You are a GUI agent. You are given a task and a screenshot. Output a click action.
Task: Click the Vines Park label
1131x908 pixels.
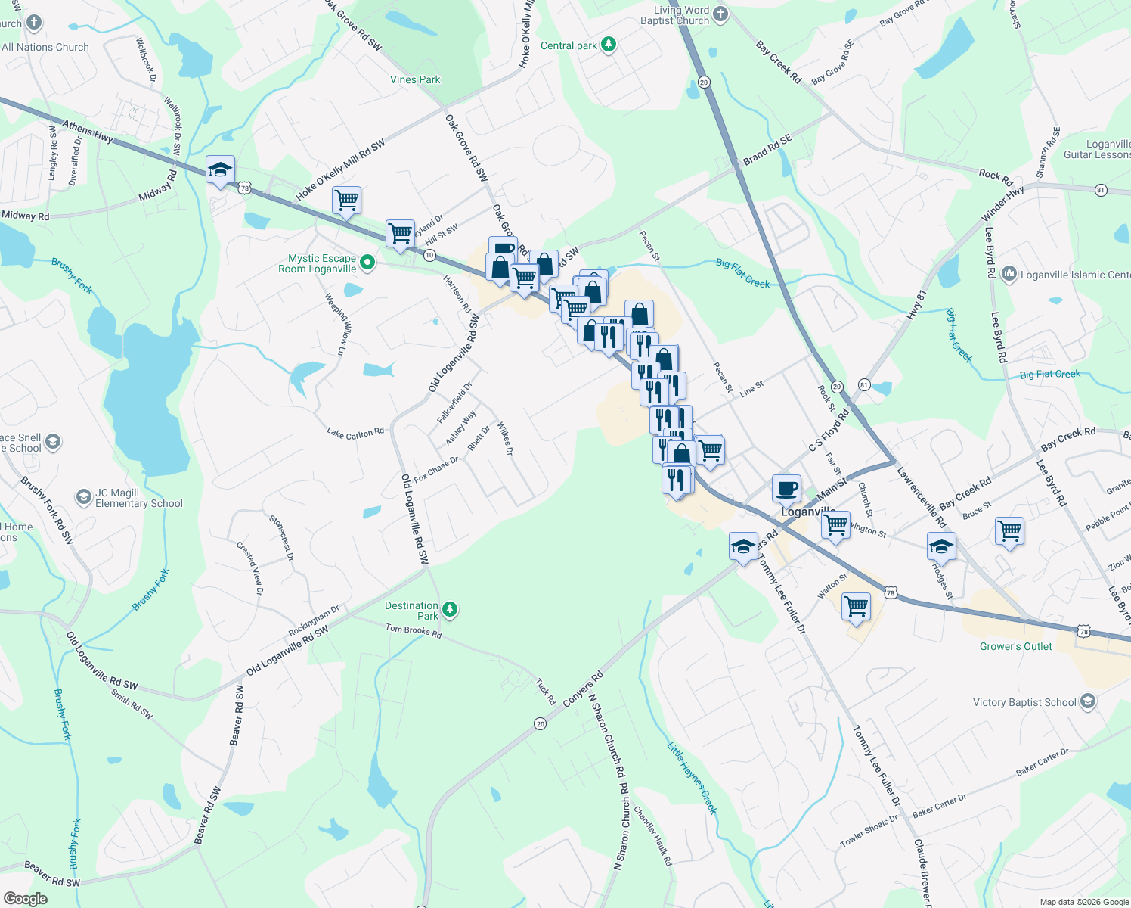pyautogui.click(x=415, y=79)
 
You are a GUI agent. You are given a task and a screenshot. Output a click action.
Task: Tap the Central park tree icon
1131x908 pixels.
pyautogui.click(x=609, y=45)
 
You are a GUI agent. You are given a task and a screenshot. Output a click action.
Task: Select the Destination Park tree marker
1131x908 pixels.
pyautogui.click(x=450, y=609)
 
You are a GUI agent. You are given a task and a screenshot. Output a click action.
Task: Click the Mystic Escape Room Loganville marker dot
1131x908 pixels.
pyautogui.click(x=367, y=263)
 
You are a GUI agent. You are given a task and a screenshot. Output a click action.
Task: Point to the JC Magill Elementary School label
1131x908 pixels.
pyautogui.click(x=139, y=498)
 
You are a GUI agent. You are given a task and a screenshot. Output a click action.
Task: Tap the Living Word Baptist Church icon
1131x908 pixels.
pyautogui.click(x=720, y=14)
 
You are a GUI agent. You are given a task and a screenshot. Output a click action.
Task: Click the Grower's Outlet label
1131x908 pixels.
pyautogui.click(x=1015, y=646)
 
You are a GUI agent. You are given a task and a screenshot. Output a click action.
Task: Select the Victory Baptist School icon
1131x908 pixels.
pyautogui.click(x=1087, y=702)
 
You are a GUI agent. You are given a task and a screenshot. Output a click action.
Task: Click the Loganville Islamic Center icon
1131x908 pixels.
pyautogui.click(x=1009, y=275)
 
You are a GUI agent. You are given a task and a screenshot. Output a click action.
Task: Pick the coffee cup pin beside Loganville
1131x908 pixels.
pyautogui.click(x=786, y=489)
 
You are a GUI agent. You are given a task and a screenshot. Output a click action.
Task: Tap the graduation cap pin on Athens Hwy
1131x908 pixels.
pyautogui.click(x=220, y=171)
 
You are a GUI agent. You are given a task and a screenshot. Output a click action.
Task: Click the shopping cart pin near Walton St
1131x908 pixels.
pyautogui.click(x=856, y=607)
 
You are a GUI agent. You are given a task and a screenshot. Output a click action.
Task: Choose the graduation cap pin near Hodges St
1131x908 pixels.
pyautogui.click(x=941, y=546)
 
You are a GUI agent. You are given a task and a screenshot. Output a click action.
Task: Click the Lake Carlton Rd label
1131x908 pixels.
pyautogui.click(x=355, y=433)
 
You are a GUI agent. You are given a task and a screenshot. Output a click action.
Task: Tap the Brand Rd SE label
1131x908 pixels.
pyautogui.click(x=767, y=149)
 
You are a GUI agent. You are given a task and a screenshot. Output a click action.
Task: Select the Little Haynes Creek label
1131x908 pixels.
pyautogui.click(x=692, y=778)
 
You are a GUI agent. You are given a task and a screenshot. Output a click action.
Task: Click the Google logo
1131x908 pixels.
pyautogui.click(x=26, y=898)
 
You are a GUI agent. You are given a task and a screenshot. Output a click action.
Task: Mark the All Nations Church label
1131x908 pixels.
pyautogui.click(x=45, y=47)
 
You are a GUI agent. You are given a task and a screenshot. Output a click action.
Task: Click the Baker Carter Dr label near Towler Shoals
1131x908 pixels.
pyautogui.click(x=939, y=807)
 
